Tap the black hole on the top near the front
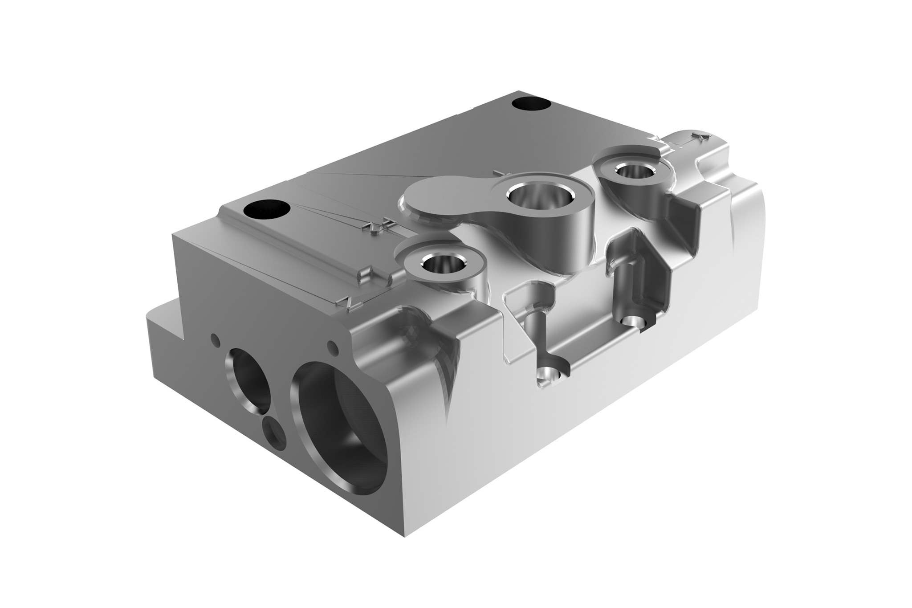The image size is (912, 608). pyautogui.click(x=267, y=209)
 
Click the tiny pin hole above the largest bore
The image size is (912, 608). pyautogui.click(x=330, y=345)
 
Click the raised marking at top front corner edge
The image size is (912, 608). pyautogui.click(x=347, y=302)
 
